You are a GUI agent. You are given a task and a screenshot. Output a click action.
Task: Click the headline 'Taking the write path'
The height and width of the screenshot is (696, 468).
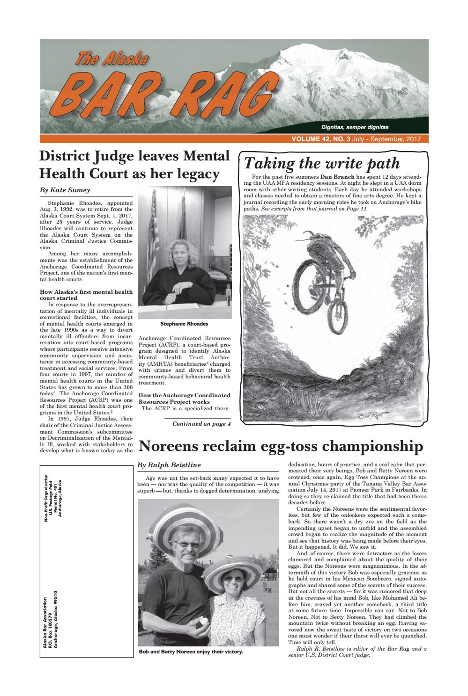tap(322, 163)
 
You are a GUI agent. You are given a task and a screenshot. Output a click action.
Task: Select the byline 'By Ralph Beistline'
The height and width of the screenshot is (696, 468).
tap(169, 465)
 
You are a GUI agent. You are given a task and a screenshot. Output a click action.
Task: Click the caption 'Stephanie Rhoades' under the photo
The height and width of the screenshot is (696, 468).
tap(184, 324)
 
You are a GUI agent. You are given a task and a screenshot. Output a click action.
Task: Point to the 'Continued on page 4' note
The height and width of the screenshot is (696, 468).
tap(201, 424)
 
